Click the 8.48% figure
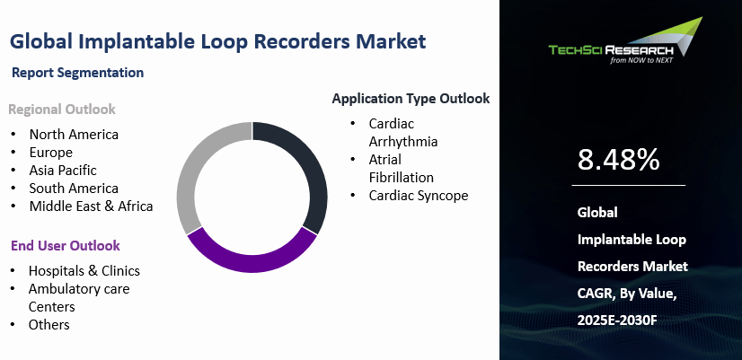(619, 160)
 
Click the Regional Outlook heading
(62, 110)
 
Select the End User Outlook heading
(65, 245)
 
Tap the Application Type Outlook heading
(411, 99)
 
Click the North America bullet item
(74, 135)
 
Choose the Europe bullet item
(50, 153)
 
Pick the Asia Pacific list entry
(63, 171)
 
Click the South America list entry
(74, 189)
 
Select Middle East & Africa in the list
(91, 206)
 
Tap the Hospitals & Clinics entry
(84, 270)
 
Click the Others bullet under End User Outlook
(49, 325)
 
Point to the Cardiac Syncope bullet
(418, 196)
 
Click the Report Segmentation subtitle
(78, 72)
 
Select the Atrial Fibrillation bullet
(401, 168)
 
